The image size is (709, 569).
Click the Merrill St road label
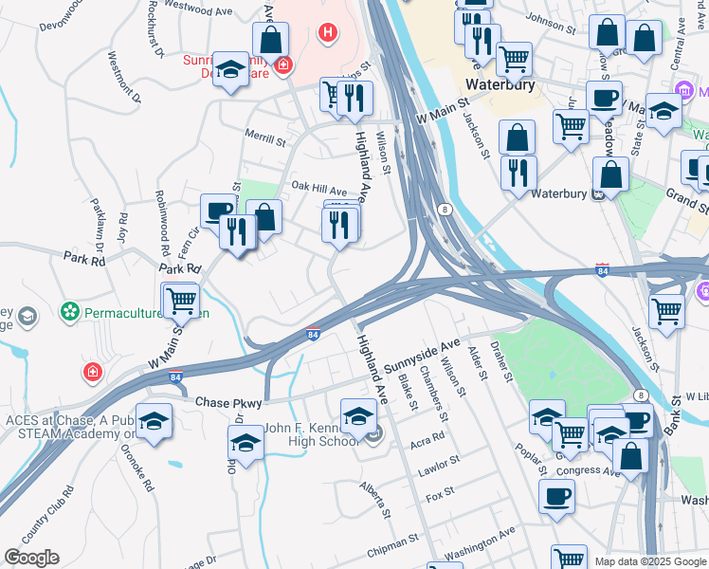(x=266, y=141)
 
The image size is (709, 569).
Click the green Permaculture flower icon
(x=69, y=310)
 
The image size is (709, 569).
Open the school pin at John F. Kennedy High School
(x=358, y=418)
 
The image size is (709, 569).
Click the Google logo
(x=31, y=558)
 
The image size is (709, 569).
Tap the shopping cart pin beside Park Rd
(x=181, y=302)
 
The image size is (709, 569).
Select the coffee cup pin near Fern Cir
(x=218, y=211)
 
